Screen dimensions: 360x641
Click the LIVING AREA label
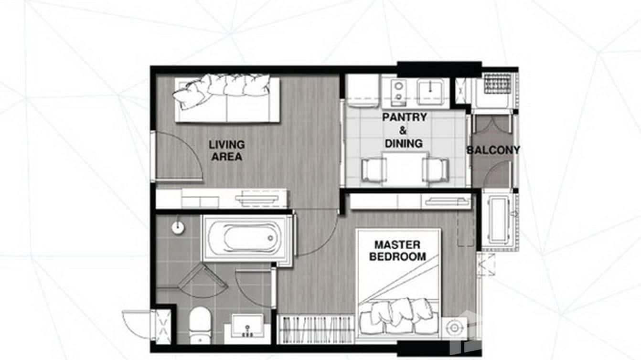[x=227, y=150]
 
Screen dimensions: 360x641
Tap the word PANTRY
[x=404, y=117]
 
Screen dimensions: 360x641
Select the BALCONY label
[x=493, y=150]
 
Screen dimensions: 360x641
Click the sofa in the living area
[x=227, y=99]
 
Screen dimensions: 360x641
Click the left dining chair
[x=374, y=169]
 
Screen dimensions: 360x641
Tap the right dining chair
[x=436, y=169]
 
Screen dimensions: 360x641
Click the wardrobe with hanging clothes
[x=316, y=329]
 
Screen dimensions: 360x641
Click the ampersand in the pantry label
[x=404, y=130]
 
